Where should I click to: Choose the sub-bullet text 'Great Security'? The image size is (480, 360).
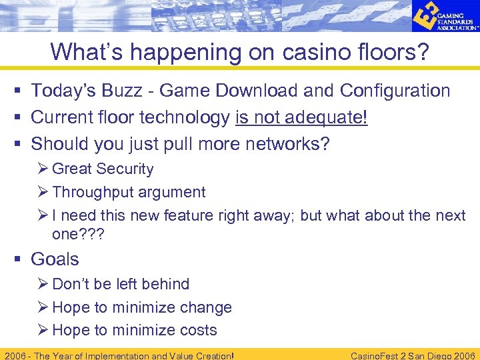coord(103,169)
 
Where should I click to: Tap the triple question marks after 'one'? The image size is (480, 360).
coord(93,234)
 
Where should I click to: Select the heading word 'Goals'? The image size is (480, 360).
coord(55,259)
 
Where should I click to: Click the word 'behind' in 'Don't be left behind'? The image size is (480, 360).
coord(167,284)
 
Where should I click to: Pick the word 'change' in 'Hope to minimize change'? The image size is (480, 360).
coord(207,307)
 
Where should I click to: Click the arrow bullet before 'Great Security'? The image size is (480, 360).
coord(45,169)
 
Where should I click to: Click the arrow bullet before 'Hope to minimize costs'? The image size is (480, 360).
coord(45,330)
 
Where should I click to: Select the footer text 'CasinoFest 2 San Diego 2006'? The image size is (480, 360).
coord(412,355)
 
